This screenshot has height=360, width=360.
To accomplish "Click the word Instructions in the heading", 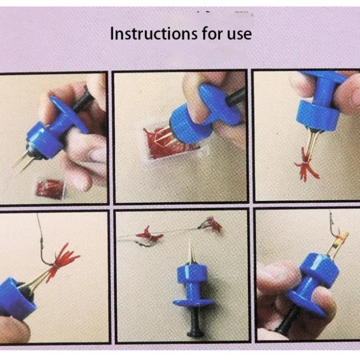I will coord(144,34).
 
